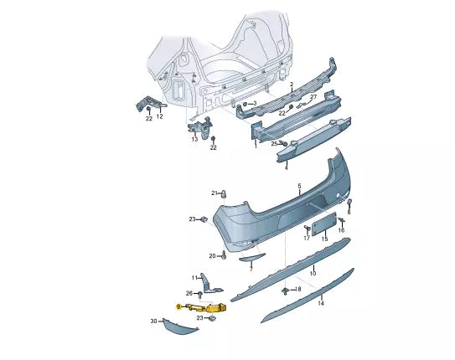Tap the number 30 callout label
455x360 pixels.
pyautogui.click(x=153, y=321)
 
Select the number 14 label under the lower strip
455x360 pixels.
pyautogui.click(x=320, y=304)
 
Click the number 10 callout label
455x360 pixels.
pyautogui.click(x=313, y=273)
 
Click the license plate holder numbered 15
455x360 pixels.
pyautogui.click(x=323, y=225)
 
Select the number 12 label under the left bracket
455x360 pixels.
pyautogui.click(x=159, y=116)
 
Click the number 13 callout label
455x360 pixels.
pyautogui.click(x=194, y=139)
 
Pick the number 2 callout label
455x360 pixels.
pyautogui.click(x=291, y=85)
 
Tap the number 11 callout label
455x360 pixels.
pyautogui.click(x=194, y=278)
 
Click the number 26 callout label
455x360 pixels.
pyautogui.click(x=189, y=293)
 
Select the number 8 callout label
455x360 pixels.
pyautogui.click(x=298, y=289)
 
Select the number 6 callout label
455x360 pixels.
pyautogui.click(x=349, y=213)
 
